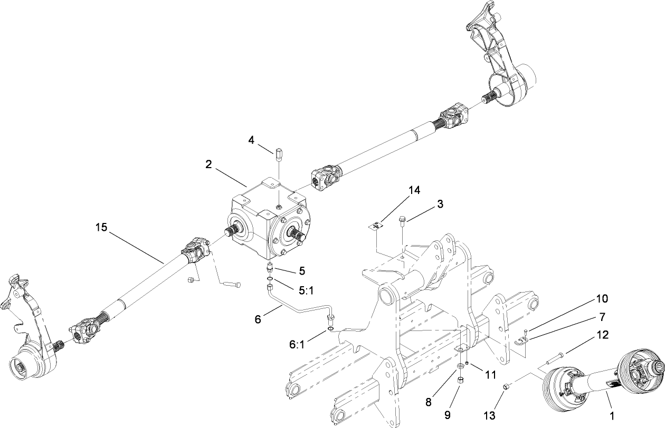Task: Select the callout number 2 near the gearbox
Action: point(210,164)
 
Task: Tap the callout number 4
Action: point(252,140)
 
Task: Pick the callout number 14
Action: point(414,191)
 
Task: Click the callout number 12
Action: point(602,334)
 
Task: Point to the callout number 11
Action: point(491,375)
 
